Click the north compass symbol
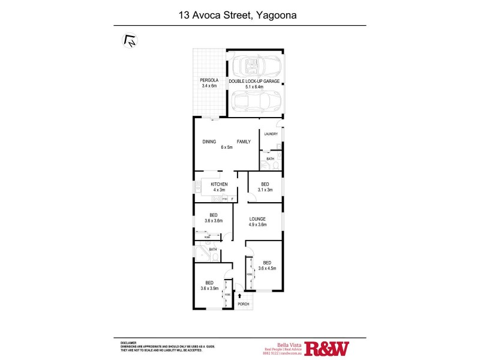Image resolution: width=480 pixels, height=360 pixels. coord(130,40)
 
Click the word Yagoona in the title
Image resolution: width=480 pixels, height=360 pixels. coord(275,14)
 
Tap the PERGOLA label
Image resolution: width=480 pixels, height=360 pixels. coord(209,81)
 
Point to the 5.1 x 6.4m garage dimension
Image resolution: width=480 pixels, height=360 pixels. coord(254,86)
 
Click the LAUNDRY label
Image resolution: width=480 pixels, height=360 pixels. coord(271,134)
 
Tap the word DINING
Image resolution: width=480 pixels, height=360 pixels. coord(209,142)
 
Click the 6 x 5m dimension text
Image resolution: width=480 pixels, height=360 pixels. coord(226,147)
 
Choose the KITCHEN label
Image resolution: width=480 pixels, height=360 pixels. coord(218,184)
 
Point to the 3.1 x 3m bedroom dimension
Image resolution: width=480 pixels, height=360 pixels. coord(265,190)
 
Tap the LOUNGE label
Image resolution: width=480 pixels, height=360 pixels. coord(258,219)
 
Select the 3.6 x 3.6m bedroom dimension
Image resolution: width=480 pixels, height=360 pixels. coord(213,221)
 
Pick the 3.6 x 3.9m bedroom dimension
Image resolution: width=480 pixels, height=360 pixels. coord(210,288)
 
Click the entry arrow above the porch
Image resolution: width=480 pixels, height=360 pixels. coord(240,295)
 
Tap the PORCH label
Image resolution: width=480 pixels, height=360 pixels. coord(244,304)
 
